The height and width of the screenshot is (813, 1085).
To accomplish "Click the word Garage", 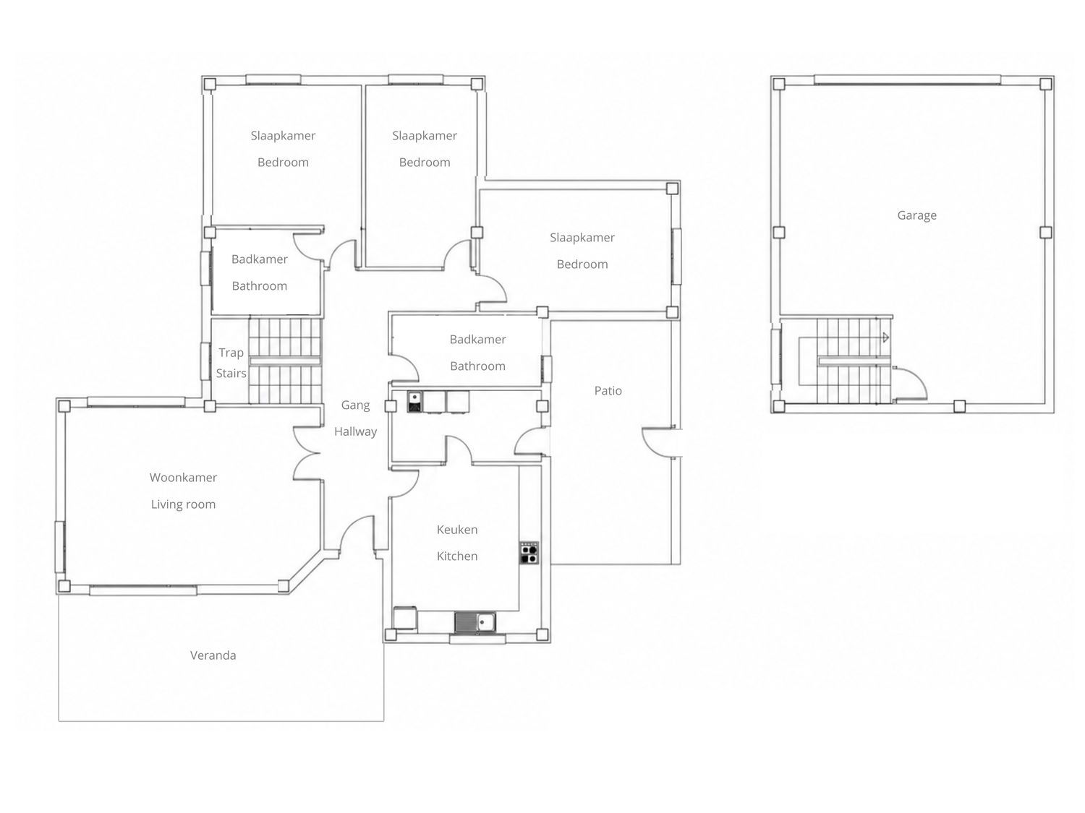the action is click(x=916, y=215).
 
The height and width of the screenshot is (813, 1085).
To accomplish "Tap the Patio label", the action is click(x=608, y=390).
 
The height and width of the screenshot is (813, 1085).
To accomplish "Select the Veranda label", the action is click(x=213, y=655).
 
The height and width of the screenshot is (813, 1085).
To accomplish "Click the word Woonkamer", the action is click(x=183, y=478).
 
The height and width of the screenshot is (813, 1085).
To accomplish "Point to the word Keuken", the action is click(x=456, y=529).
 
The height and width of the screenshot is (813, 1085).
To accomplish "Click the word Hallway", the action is click(x=355, y=432).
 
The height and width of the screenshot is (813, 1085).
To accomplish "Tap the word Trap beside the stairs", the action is click(x=231, y=353).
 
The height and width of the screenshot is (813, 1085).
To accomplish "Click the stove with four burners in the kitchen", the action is click(x=529, y=552).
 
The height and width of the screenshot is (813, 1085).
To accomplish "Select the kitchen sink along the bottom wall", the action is click(x=475, y=622).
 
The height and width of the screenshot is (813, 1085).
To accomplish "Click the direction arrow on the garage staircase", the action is click(x=885, y=337).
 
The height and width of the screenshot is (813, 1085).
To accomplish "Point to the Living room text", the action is click(x=183, y=504).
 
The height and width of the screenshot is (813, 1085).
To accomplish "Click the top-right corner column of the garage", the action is click(x=1045, y=84).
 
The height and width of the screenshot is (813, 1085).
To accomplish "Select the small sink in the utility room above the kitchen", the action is click(x=414, y=401).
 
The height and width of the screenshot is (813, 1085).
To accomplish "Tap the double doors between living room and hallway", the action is click(x=307, y=453).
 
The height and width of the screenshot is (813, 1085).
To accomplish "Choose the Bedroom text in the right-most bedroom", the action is click(x=582, y=264).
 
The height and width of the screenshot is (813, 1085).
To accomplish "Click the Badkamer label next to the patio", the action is click(x=477, y=339).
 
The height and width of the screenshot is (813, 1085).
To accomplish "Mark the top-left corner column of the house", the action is click(x=210, y=84).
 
